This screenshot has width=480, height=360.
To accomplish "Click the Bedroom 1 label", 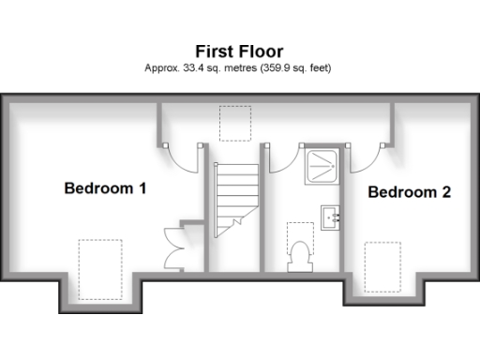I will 104,188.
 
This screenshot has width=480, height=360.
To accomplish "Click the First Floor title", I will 239,51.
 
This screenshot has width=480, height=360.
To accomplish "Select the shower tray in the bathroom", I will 322,163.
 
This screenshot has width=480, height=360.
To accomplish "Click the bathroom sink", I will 331,217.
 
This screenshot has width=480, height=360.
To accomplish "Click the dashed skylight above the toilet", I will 300,234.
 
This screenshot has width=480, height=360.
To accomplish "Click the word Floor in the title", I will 262,51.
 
